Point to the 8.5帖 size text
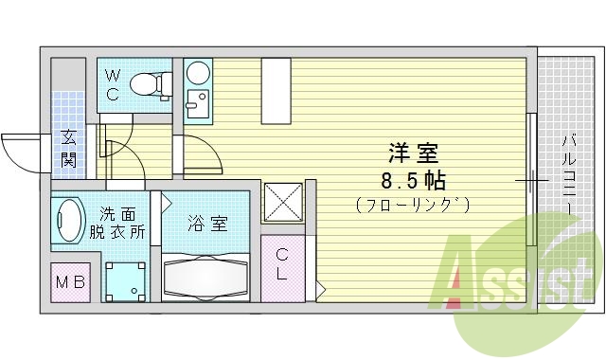[415, 179]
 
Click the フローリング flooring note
[414, 204]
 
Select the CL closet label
[283, 262]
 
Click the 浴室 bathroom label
[206, 225]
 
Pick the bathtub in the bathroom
[206, 277]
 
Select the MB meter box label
[70, 283]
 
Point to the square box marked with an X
[283, 200]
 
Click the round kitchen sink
[199, 73]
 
